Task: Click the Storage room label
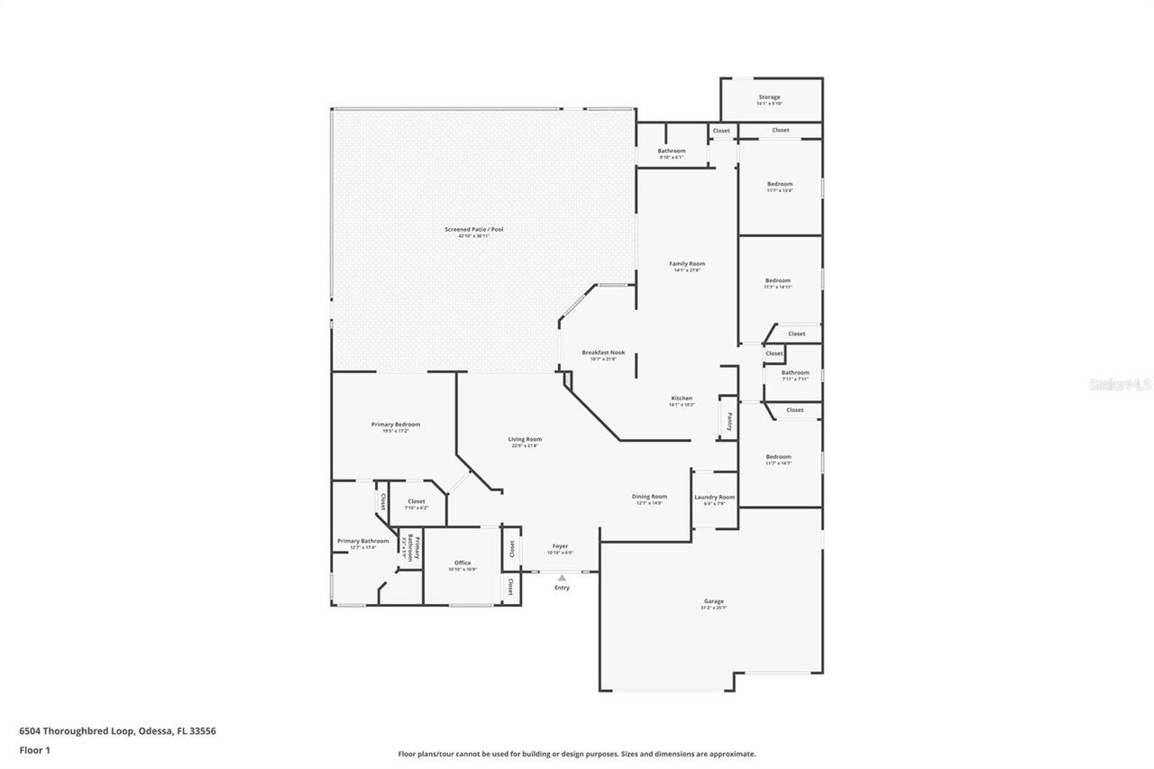[x=769, y=97]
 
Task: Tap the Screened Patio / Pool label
[x=473, y=230]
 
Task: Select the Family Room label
[x=687, y=264]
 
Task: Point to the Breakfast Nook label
[x=603, y=352]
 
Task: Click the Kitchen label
[x=682, y=398]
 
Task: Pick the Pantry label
[x=728, y=421]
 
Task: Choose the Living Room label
[x=525, y=440]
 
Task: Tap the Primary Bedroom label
[x=396, y=425]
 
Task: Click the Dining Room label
[x=649, y=497]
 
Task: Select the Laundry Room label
[x=714, y=498]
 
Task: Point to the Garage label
[x=714, y=601]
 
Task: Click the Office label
[x=463, y=563]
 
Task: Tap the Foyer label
[x=560, y=546]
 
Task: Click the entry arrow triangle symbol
[x=562, y=578]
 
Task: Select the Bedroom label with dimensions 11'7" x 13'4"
[x=780, y=184]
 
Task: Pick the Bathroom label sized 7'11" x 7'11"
[x=795, y=373]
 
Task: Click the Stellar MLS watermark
[x=1120, y=384]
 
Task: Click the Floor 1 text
[x=34, y=750]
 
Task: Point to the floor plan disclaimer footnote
[x=577, y=754]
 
